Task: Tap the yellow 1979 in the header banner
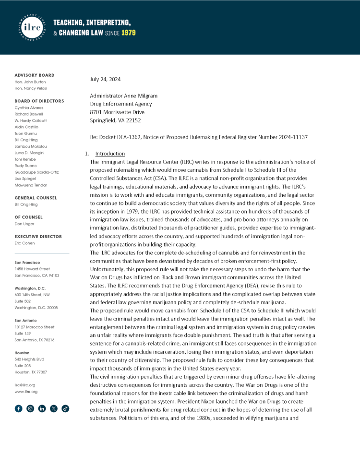point(127,33)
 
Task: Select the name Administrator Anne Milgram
point(123,96)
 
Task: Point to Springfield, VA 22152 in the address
point(115,120)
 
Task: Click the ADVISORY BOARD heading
point(35,75)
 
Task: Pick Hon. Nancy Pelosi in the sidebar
point(31,88)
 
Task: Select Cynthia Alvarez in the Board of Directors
point(29,108)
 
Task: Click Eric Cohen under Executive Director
point(24,243)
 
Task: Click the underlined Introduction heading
point(110,154)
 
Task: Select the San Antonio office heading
point(26,321)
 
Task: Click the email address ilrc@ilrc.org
point(25,385)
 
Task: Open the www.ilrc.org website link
point(26,392)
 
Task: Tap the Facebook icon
point(19,408)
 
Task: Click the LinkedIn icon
point(42,408)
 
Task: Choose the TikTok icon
point(65,408)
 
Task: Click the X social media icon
point(54,408)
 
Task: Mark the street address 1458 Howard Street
point(32,269)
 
